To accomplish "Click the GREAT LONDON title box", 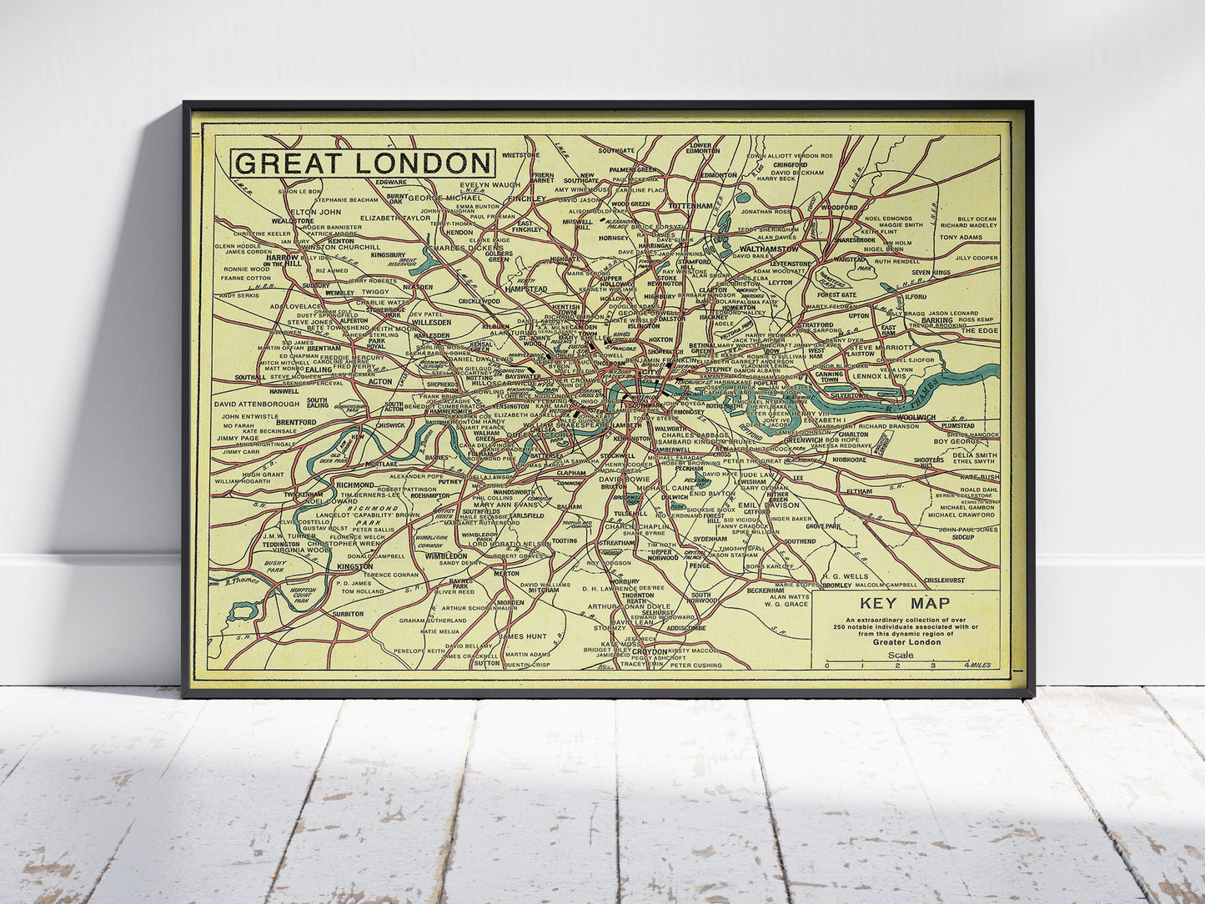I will click(x=363, y=163).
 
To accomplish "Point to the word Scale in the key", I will click(x=901, y=655).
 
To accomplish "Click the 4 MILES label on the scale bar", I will click(x=977, y=665).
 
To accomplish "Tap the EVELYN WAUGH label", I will click(x=490, y=185).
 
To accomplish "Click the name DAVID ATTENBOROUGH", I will click(x=257, y=404).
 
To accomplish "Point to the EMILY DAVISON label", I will click(x=769, y=505).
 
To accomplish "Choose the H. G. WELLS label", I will click(x=845, y=576).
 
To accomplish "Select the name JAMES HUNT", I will click(x=522, y=636).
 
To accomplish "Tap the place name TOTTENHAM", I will click(x=690, y=205).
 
